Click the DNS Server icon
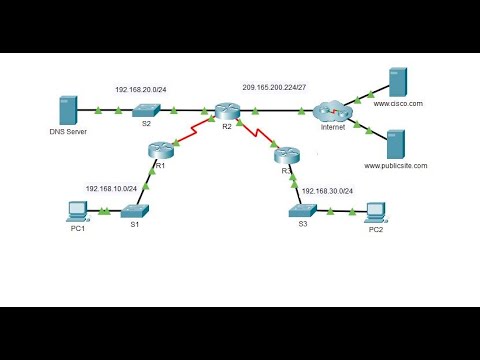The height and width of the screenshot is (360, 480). point(68,110)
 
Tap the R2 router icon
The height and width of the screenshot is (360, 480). point(226,110)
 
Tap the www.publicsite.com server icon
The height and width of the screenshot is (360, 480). point(394,142)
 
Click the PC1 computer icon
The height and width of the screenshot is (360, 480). point(74,210)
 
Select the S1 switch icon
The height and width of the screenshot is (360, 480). point(131,211)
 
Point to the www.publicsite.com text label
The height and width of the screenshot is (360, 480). point(395,165)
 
